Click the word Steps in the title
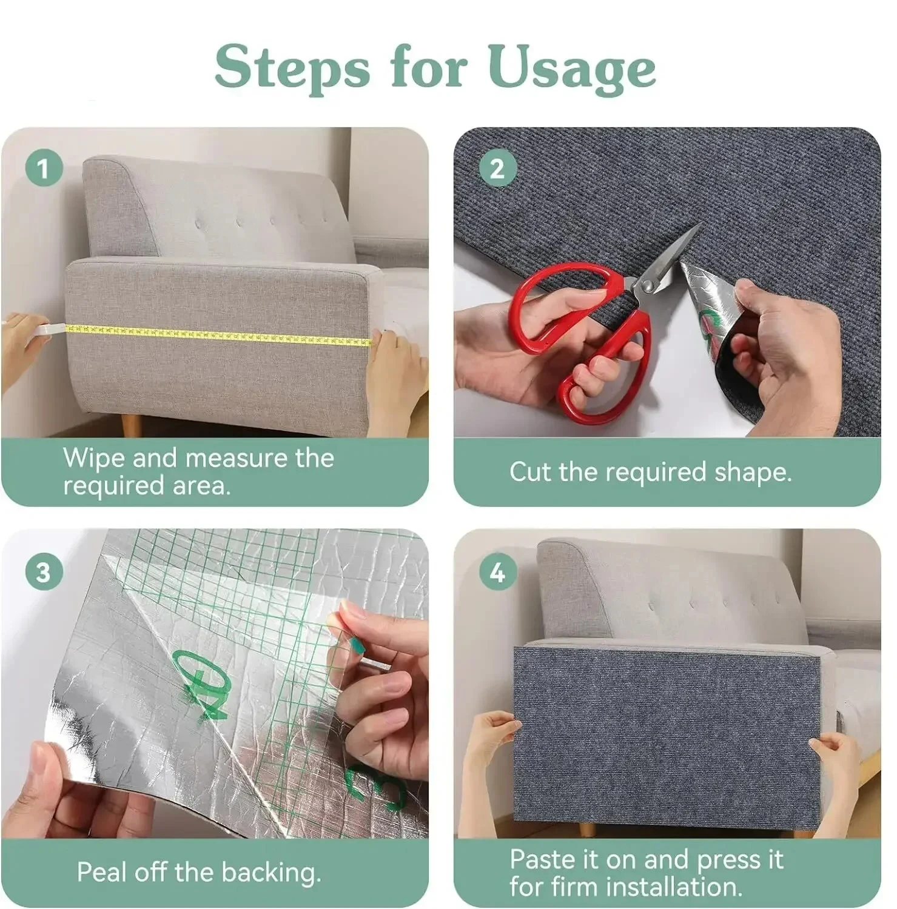(292, 67)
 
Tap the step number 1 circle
(44, 168)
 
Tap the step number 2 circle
(497, 168)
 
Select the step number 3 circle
(44, 571)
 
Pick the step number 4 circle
(497, 571)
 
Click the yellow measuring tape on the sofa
(217, 334)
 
